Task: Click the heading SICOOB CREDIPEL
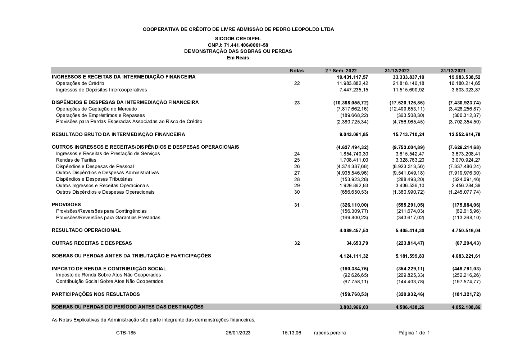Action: point(238,39)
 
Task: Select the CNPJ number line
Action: point(238,45)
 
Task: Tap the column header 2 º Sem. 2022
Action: point(341,71)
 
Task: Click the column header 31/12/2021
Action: point(453,71)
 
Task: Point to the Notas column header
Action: point(296,71)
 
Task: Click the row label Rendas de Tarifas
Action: point(76,160)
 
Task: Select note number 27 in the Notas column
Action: point(296,173)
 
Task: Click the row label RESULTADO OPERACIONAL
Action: point(86,230)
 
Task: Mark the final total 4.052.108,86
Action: point(466,307)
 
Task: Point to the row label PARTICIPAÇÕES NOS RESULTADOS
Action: point(96,294)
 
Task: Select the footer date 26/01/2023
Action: point(238,333)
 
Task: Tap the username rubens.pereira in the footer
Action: point(330,333)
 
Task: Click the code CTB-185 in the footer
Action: point(126,333)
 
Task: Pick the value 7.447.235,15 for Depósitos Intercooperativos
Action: point(354,90)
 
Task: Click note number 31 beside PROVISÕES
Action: point(296,205)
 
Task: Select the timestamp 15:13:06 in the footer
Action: point(291,333)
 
